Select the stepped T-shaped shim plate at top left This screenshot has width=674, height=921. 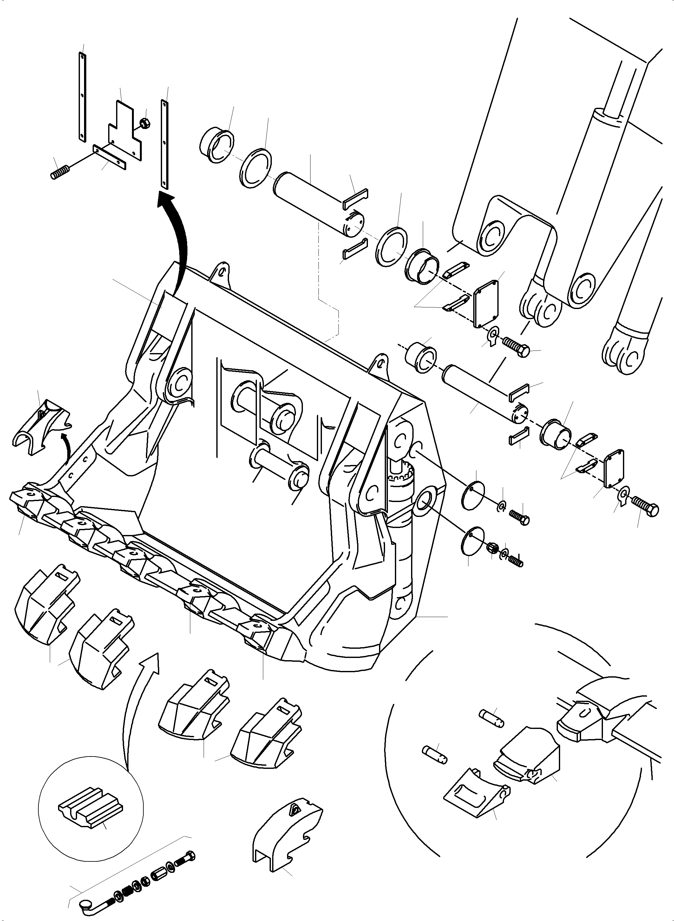tap(124, 131)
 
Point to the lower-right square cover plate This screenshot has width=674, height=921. tap(614, 469)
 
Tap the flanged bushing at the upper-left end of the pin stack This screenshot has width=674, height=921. tap(217, 145)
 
